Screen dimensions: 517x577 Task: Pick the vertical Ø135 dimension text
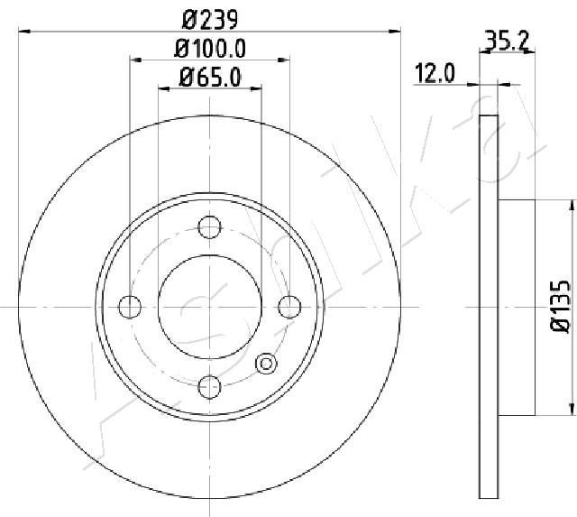[x=559, y=307]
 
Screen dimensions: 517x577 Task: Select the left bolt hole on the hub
[x=131, y=307]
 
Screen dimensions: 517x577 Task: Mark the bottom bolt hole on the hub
[x=209, y=386]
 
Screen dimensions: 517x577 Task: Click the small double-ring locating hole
[x=266, y=364]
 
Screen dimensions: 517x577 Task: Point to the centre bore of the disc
[x=209, y=307]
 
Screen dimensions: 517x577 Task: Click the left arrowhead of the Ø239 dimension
[x=23, y=30]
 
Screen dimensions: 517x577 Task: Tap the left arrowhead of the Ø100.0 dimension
[x=135, y=60]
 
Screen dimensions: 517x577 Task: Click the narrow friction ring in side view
[x=488, y=307]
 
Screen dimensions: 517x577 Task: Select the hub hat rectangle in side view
[x=517, y=307]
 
